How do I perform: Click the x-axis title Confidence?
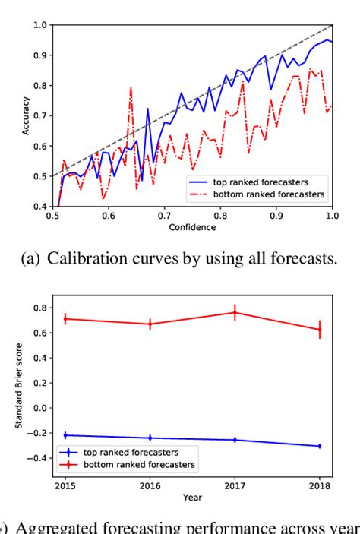coord(193,227)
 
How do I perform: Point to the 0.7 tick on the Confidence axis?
coord(163,216)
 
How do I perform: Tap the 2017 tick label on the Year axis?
coord(235,483)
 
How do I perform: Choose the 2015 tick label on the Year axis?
coord(65,483)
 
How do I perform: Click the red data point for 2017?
coord(235,312)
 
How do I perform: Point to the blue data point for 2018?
coord(319,446)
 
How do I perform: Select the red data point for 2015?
coord(65,319)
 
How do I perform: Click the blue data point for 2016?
coord(150,438)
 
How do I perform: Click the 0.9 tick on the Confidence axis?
coord(276,216)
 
